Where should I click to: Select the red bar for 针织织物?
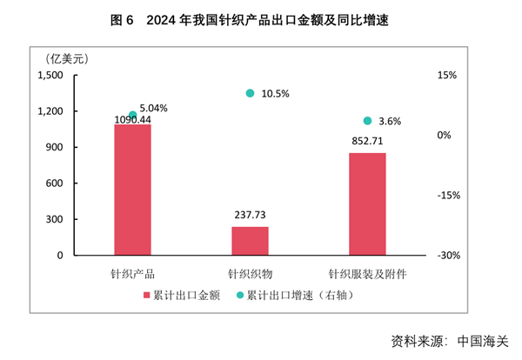pos(250,241)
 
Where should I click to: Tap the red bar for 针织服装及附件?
pos(367,204)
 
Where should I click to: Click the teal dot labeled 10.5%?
pos(250,93)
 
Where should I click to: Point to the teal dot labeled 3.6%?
pos(367,121)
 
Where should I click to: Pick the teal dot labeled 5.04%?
pos(132,115)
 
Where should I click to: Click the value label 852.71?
pos(367,141)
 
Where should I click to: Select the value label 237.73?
pos(250,215)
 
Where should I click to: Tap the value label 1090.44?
pos(133,120)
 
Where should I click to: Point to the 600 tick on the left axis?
pos(55,183)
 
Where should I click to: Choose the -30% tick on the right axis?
pos(449,256)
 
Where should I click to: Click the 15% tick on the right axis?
pos(446,76)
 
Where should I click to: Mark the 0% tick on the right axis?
pos(444,136)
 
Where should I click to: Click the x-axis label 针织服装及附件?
pos(367,272)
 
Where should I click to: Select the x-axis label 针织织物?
pos(250,272)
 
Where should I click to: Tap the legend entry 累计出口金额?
pos(179,295)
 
